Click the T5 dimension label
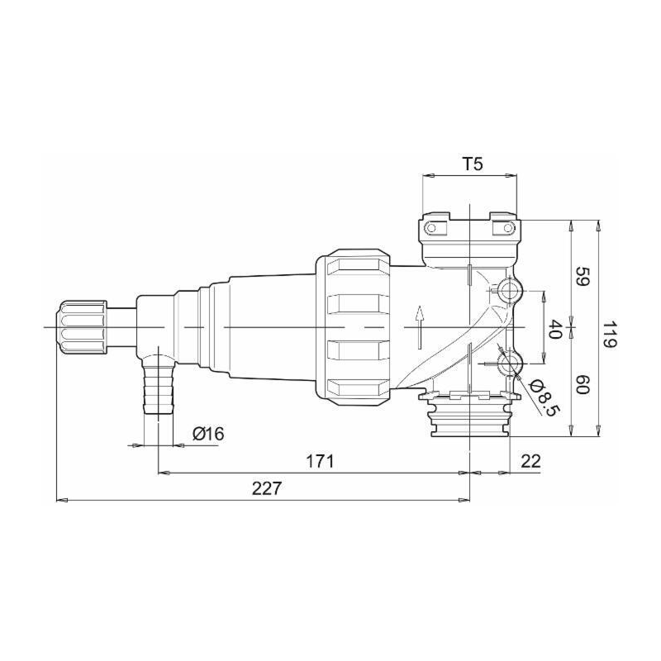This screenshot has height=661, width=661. tap(473, 164)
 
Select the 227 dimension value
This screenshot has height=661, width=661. tap(266, 488)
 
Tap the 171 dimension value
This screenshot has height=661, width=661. tap(320, 462)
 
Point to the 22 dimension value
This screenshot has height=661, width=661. tap(530, 461)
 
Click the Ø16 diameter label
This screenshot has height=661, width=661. tap(208, 433)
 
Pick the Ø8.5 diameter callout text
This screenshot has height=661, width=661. tap(544, 397)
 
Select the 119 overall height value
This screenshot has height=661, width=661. tap(609, 335)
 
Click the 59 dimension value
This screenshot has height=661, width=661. tap(581, 277)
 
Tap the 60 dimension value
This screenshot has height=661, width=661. tap(582, 384)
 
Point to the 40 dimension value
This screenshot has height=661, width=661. tap(554, 329)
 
